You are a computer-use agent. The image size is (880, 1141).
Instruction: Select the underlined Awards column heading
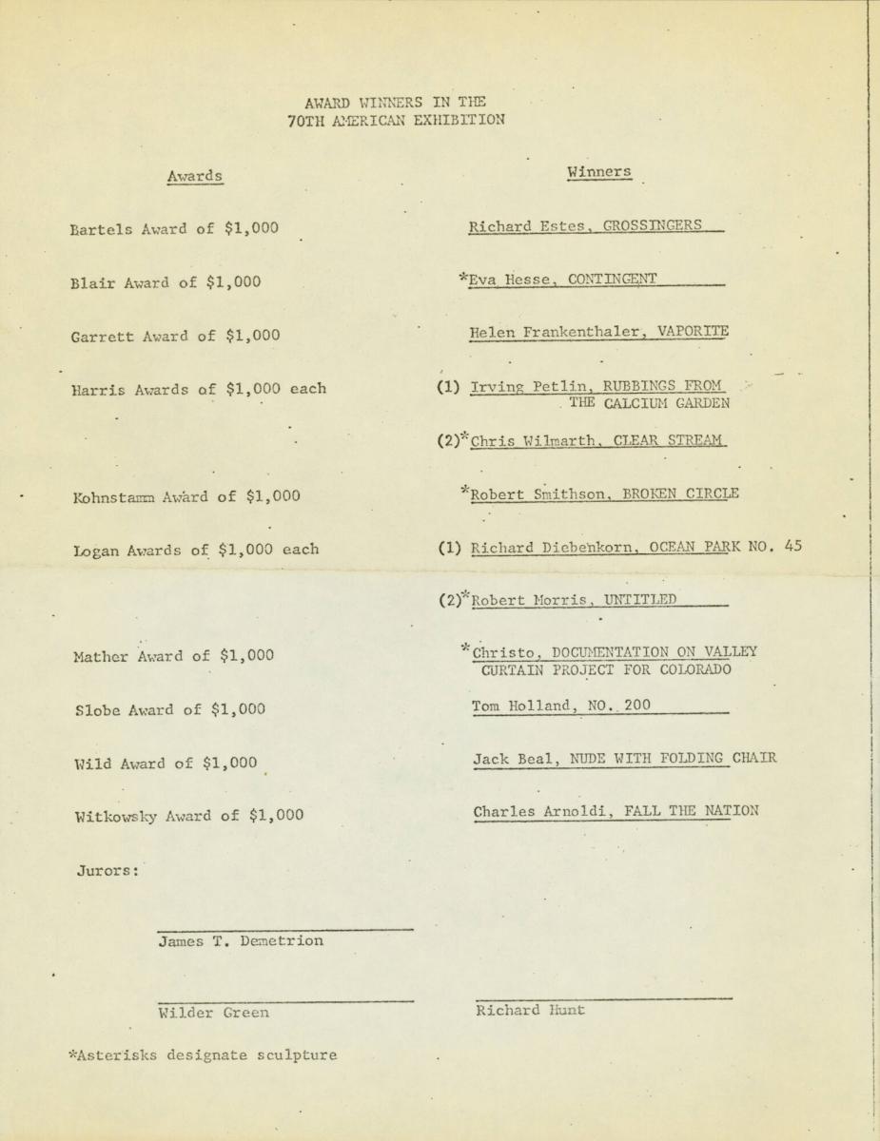(x=195, y=176)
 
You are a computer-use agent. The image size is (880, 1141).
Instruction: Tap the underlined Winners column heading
(x=598, y=172)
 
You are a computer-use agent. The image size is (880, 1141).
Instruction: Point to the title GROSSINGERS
(x=653, y=225)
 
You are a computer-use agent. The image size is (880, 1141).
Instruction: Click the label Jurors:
(x=108, y=870)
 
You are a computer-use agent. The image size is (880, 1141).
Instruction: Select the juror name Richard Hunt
(x=530, y=1011)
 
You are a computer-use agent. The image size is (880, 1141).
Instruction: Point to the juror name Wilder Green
(x=214, y=1013)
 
